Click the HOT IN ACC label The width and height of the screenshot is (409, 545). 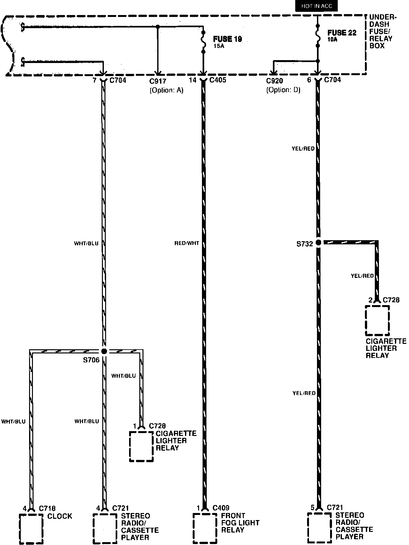tap(316, 6)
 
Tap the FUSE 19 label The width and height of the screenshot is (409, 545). tap(228, 39)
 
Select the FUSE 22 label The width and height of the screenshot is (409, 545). tap(342, 33)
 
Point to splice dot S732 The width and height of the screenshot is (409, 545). tap(318, 242)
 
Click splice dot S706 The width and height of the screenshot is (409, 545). tap(104, 351)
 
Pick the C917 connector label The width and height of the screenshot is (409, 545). tap(158, 81)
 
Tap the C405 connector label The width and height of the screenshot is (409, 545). tap(218, 80)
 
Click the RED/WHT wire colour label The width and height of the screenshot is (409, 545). tap(187, 243)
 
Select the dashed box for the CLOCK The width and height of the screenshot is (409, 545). tap(31, 528)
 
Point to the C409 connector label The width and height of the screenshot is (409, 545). tap(221, 508)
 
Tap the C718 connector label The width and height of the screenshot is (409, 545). tap(47, 508)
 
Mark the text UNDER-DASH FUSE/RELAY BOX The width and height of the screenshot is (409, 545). tap(382, 31)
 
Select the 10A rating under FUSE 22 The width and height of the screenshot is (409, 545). tap(332, 40)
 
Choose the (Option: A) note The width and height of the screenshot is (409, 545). tap(166, 90)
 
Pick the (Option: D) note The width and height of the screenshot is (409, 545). tap(283, 90)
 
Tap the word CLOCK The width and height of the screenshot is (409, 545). tap(60, 516)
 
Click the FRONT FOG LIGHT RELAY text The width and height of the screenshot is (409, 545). tap(240, 523)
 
